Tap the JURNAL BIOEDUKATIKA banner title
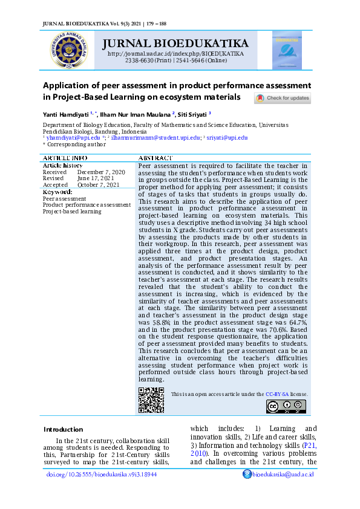pyautogui.click(x=175, y=44)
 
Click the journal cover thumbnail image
pyautogui.click(x=286, y=50)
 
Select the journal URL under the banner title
pyautogui.click(x=175, y=54)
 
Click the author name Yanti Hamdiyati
pyautogui.click(x=66, y=114)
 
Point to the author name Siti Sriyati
pyautogui.click(x=192, y=114)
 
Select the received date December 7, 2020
pyautogui.click(x=101, y=172)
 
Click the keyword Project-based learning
pyautogui.click(x=72, y=212)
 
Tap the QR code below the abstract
pyautogui.click(x=151, y=400)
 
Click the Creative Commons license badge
pyautogui.click(x=286, y=406)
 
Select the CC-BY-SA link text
pyautogui.click(x=277, y=394)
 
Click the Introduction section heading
pyautogui.click(x=63, y=429)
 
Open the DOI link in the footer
pyautogui.click(x=102, y=475)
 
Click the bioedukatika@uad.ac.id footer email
pyautogui.click(x=283, y=475)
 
